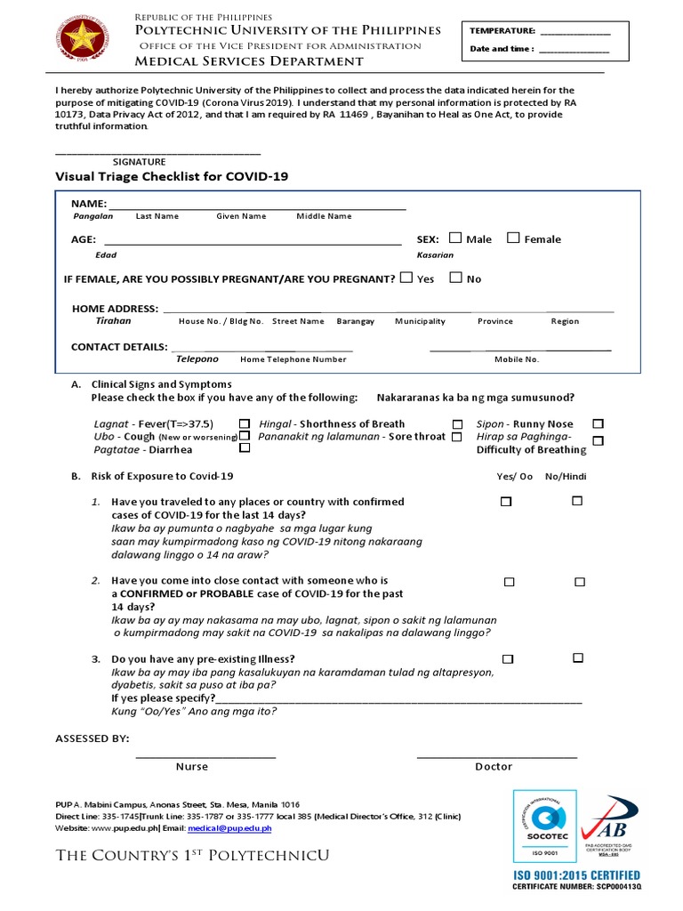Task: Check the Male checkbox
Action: (455, 238)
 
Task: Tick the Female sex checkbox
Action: (513, 238)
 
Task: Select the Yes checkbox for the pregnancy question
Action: (406, 278)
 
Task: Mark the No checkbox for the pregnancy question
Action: (455, 278)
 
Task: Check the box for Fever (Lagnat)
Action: (245, 423)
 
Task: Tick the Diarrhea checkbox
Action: (245, 448)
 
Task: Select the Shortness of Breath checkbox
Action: (457, 424)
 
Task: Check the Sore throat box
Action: (456, 437)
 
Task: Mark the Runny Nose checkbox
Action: (598, 423)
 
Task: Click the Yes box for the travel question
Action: (506, 502)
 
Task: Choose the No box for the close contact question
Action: (580, 582)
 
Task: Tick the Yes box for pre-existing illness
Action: (507, 659)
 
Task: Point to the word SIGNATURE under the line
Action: (139, 162)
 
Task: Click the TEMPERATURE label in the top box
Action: (502, 31)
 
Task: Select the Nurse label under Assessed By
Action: (191, 766)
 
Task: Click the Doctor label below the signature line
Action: (494, 766)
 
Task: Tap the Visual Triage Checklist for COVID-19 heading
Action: (172, 177)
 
